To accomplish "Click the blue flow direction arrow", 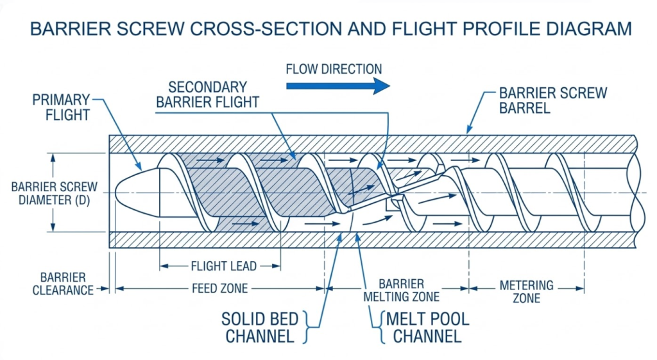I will [337, 86].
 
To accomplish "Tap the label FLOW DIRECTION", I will [334, 69].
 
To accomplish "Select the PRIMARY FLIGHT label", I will [62, 107].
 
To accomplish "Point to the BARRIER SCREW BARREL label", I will [552, 100].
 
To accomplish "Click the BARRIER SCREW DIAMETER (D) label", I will [54, 193].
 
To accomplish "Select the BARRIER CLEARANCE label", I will [63, 284].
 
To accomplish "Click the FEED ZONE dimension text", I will [219, 289].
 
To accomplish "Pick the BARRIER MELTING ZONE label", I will [401, 290].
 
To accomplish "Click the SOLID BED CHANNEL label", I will [257, 327].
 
